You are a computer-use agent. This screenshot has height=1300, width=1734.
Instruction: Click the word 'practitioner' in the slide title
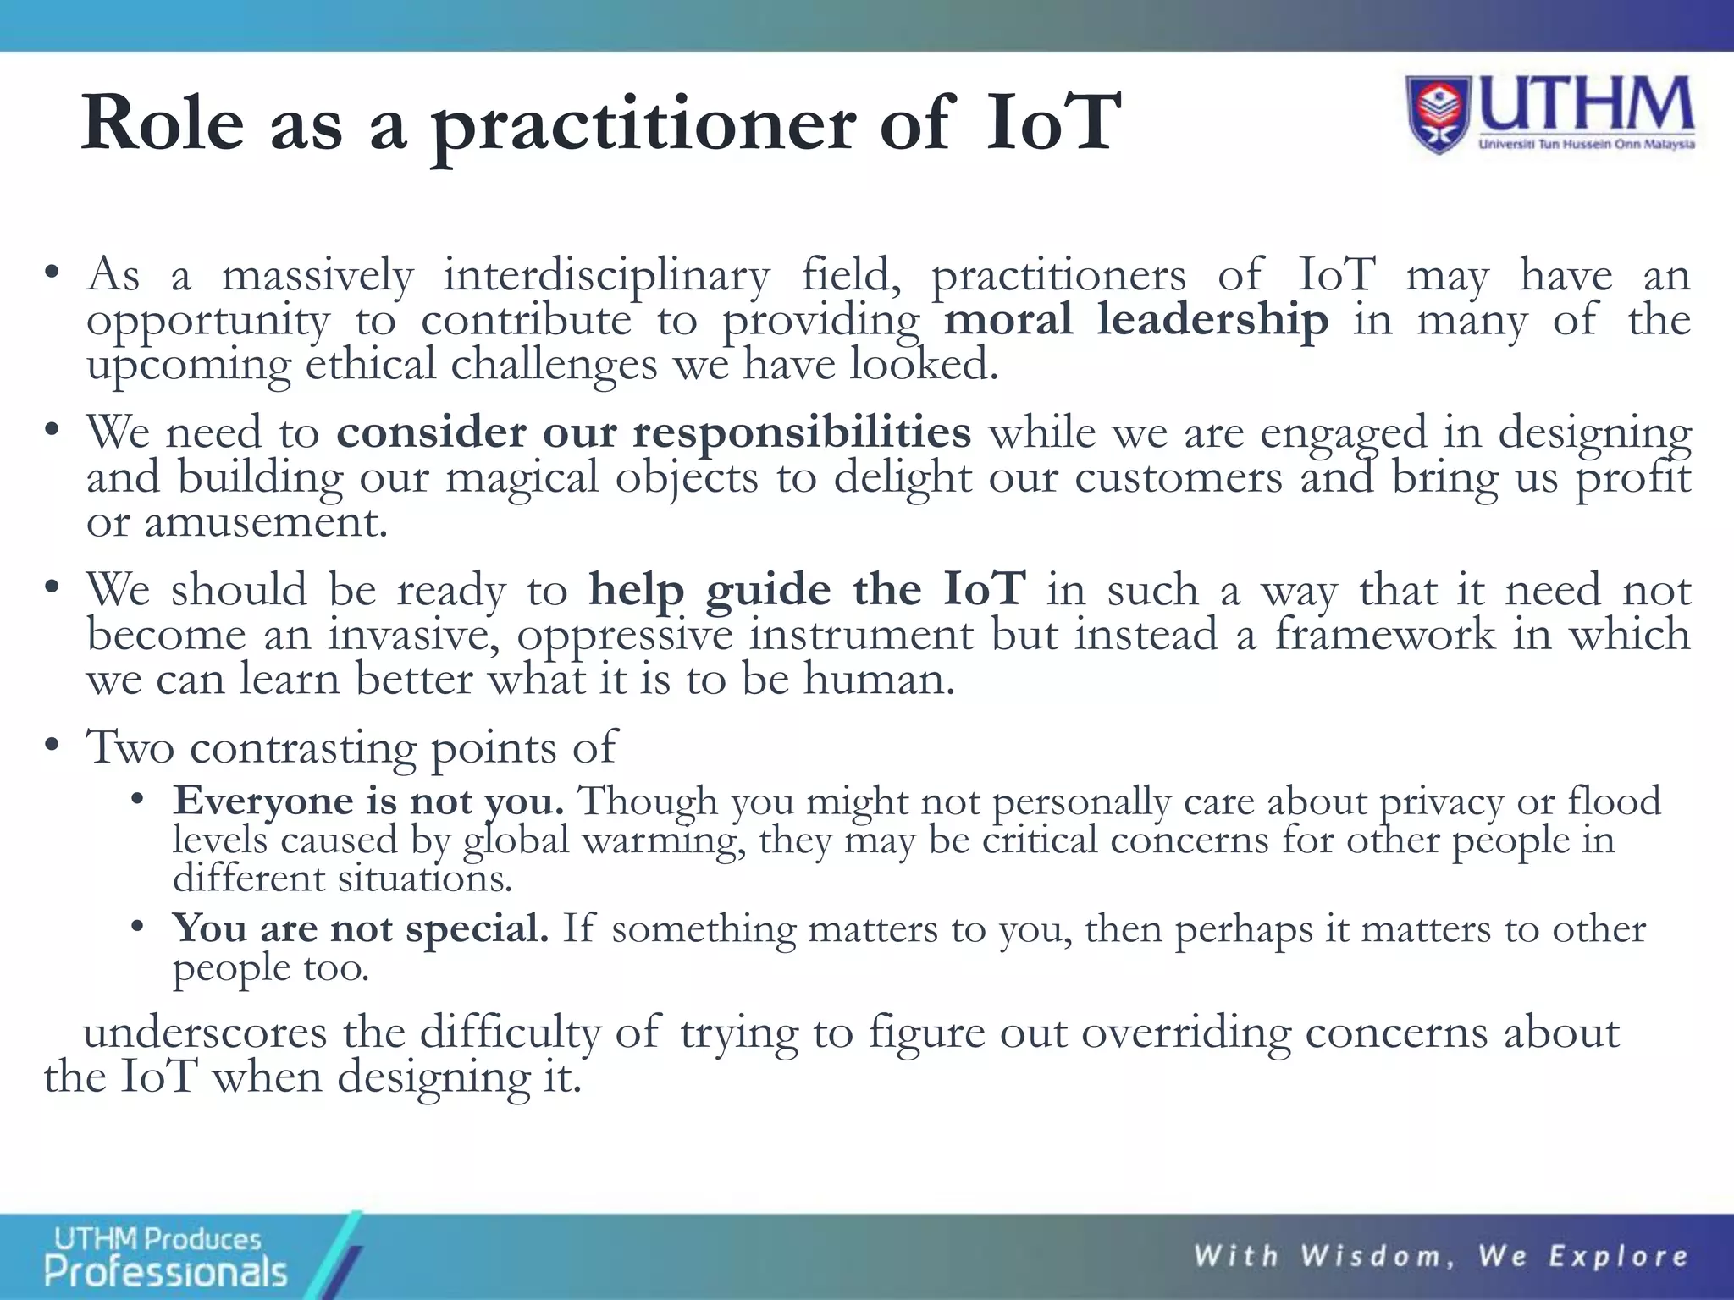click(x=643, y=125)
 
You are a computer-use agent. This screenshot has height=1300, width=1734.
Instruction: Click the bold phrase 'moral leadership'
click(x=1135, y=320)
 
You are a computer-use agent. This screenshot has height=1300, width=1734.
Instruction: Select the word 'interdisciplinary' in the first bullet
click(x=606, y=275)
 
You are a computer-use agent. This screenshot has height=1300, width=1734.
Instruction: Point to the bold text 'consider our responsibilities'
click(x=653, y=432)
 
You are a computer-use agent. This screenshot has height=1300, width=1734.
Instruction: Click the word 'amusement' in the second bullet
click(x=265, y=521)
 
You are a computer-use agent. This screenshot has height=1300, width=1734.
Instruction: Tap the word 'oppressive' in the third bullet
click(x=625, y=635)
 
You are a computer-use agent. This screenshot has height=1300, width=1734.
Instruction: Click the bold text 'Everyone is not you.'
click(x=368, y=801)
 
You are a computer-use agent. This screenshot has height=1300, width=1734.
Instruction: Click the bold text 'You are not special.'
click(x=361, y=928)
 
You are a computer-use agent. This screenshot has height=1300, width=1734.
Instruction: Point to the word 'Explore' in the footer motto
click(x=1619, y=1256)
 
